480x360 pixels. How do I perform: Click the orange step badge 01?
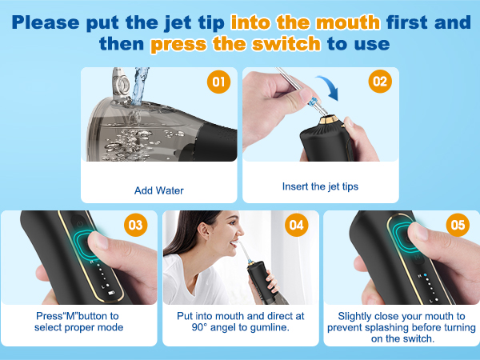click(218, 82)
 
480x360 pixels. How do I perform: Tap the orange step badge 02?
click(380, 82)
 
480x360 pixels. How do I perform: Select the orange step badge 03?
click(136, 225)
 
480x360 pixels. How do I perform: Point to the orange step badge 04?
click(296, 225)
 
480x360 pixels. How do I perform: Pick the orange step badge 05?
click(458, 225)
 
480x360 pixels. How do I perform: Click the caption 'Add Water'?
click(159, 190)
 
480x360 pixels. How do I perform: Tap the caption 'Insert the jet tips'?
click(320, 186)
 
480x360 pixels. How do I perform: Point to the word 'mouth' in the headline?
click(348, 22)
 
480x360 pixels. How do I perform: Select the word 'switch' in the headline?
click(286, 43)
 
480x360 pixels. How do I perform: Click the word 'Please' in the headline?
click(46, 22)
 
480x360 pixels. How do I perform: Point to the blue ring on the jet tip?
click(312, 102)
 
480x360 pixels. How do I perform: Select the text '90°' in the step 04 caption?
click(198, 327)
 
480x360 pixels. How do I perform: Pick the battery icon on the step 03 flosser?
click(111, 293)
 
